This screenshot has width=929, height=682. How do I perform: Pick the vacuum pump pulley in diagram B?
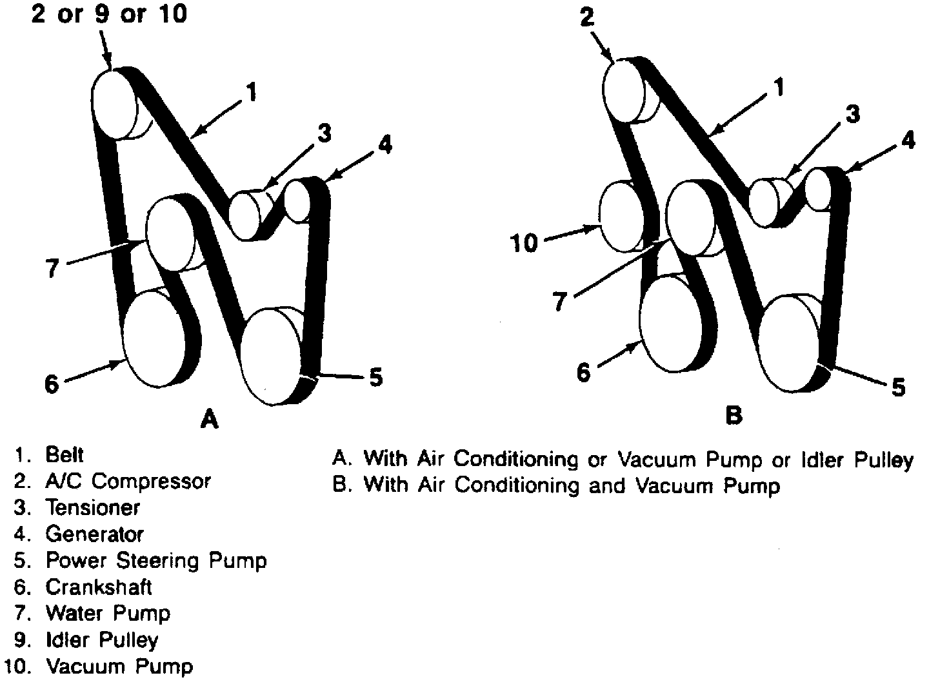coord(622,216)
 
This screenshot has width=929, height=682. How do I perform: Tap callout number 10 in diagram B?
coord(524,244)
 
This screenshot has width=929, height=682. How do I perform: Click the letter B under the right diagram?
coord(734,415)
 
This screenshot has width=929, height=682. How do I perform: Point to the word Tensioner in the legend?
coord(92,508)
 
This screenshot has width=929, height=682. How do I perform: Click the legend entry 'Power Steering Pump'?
coord(155,561)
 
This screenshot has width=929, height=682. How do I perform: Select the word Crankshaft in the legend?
coord(99,587)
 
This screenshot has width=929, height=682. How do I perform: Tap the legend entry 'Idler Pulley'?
coord(101,640)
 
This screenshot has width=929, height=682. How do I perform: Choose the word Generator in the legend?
coord(94,534)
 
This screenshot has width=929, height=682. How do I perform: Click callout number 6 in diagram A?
coord(51,384)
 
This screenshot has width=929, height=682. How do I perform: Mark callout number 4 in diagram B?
coord(908,140)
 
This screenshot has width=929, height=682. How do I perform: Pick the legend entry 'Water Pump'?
coord(108,613)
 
